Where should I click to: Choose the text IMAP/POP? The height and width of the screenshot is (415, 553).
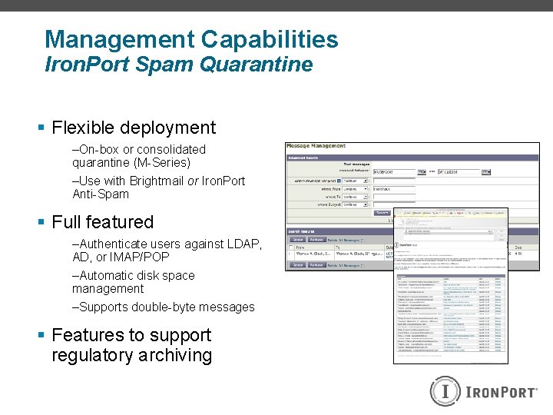click(x=140, y=257)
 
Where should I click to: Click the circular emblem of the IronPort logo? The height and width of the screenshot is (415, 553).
click(x=445, y=391)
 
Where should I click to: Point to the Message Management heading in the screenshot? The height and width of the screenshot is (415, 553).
click(x=316, y=146)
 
